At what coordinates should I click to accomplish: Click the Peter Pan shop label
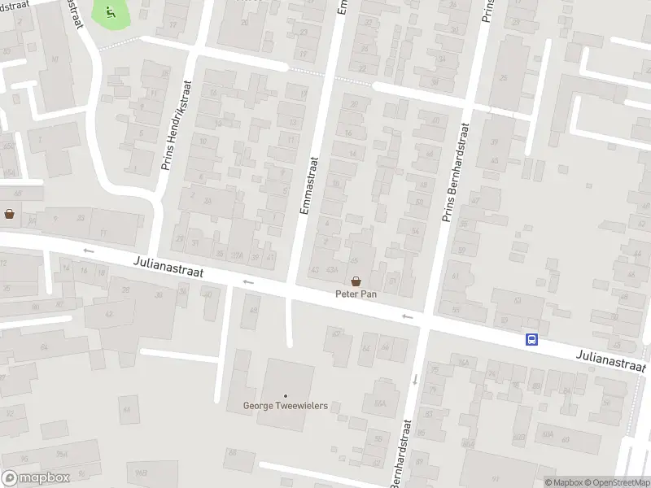coord(356,293)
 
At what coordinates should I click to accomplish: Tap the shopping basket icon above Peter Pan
coord(356,280)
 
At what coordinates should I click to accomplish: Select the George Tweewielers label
coord(285,406)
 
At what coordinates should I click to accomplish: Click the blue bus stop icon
coord(531,340)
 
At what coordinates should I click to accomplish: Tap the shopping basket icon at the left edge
coord(9,214)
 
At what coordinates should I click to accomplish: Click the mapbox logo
coord(35,478)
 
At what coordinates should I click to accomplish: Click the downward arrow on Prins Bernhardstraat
coord(414,378)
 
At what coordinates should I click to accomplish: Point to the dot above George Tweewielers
coord(285,395)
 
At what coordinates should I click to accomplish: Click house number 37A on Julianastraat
coord(238,255)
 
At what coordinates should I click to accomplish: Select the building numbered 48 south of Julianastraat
coord(254,310)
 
